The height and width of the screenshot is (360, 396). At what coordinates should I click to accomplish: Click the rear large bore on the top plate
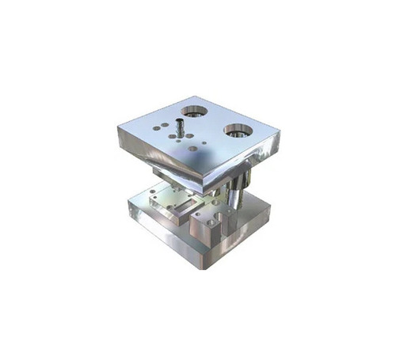pos(193,111)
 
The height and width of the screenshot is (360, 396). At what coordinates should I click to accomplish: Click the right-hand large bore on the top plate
pos(238,129)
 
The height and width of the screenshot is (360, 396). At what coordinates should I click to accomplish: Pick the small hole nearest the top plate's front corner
pos(192,148)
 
